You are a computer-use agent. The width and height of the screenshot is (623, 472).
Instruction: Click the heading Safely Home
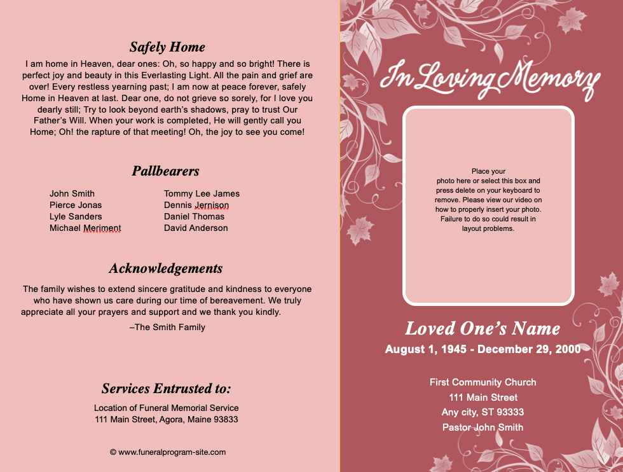click(x=167, y=47)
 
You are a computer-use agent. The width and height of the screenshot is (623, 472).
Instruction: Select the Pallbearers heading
click(x=166, y=171)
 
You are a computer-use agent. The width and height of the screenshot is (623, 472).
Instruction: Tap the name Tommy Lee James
click(x=202, y=193)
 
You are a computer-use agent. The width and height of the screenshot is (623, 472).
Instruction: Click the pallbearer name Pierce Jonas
click(x=76, y=205)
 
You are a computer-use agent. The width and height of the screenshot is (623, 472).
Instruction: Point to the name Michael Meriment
click(x=85, y=228)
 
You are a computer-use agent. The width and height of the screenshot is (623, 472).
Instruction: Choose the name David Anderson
click(x=196, y=228)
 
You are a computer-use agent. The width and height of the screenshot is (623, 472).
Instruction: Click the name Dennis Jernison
click(x=196, y=205)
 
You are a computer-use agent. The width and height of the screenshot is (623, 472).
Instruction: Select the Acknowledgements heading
click(x=166, y=268)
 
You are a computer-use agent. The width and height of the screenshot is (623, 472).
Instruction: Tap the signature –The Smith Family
click(x=167, y=327)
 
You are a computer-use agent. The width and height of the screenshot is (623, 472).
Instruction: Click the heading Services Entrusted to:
click(x=166, y=389)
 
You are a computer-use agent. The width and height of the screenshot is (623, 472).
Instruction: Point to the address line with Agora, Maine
click(x=167, y=419)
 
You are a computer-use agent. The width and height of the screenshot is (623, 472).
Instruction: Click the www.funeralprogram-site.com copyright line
click(x=168, y=452)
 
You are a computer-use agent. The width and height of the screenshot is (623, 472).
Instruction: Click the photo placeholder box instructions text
click(x=488, y=200)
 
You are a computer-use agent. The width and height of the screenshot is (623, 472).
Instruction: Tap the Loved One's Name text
click(x=483, y=329)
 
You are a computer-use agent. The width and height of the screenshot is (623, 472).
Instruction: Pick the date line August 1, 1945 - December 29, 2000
click(x=483, y=349)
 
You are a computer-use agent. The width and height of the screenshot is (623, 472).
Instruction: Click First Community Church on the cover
click(x=483, y=382)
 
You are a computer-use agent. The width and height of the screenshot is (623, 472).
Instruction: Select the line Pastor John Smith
click(x=483, y=427)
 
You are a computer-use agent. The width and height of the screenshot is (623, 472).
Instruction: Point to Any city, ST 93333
click(x=483, y=412)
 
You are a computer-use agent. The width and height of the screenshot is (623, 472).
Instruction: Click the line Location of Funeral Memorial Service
click(x=167, y=408)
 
